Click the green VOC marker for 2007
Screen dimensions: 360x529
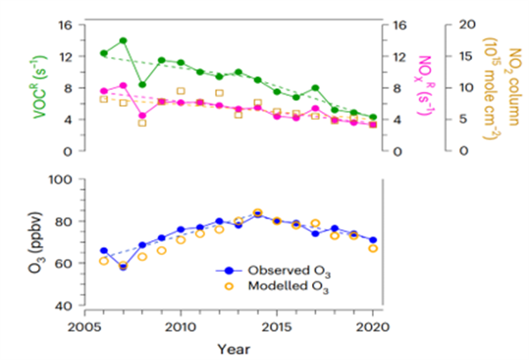click(x=123, y=41)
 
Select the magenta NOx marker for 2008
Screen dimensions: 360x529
click(x=142, y=115)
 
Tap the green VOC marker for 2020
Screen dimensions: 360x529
click(x=373, y=117)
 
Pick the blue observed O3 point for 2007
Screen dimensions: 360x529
click(x=123, y=266)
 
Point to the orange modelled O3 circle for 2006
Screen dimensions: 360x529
click(x=104, y=261)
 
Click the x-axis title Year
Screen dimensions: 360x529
click(x=229, y=347)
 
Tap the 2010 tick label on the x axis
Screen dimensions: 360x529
click(x=181, y=324)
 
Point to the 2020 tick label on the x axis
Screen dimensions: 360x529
click(x=373, y=324)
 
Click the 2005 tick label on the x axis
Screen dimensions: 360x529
click(x=85, y=324)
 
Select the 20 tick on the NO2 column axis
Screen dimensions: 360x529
click(x=459, y=25)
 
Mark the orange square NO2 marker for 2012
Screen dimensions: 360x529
click(x=219, y=93)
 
